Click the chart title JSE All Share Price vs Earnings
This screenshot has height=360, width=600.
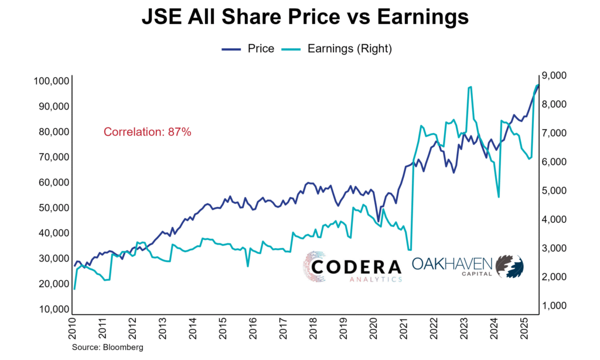305,18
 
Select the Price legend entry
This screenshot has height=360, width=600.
248,49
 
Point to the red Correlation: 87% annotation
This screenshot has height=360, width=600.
148,132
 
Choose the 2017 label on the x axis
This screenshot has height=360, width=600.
284,331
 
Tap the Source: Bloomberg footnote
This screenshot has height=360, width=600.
108,347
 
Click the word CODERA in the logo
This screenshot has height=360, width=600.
356,266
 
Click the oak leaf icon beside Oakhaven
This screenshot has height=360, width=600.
510,266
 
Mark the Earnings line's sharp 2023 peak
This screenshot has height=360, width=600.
470,87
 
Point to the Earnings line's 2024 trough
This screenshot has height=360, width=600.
498,196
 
